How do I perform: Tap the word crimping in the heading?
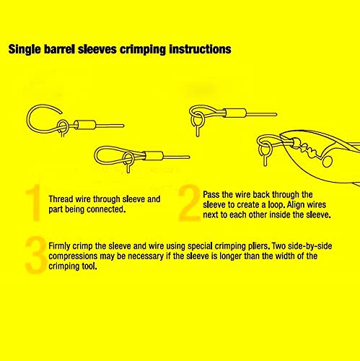tap(143, 50)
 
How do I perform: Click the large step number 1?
tap(34, 203)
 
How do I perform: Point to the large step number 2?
tap(190, 203)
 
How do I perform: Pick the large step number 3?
tap(35, 255)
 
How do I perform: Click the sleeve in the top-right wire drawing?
tap(235, 113)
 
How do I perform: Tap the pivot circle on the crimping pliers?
tap(327, 161)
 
